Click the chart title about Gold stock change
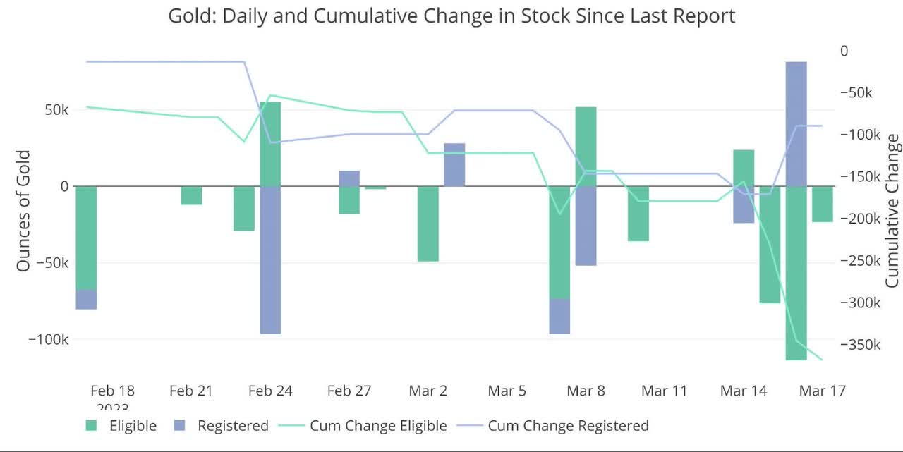tap(451, 16)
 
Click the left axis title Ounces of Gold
tap(23, 210)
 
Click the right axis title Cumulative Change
tap(892, 210)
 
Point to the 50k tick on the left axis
tap(54, 110)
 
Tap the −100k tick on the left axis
tap(48, 339)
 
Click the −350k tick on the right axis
tap(861, 345)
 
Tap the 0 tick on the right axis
tap(844, 51)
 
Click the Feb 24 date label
tap(270, 391)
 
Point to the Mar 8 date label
tap(585, 391)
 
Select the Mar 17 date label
tap(821, 391)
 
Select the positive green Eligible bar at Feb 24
tap(270, 144)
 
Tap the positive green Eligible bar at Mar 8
tap(586, 147)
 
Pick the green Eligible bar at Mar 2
tap(428, 224)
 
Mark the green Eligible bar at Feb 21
tap(191, 195)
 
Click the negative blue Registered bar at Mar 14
tap(744, 204)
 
